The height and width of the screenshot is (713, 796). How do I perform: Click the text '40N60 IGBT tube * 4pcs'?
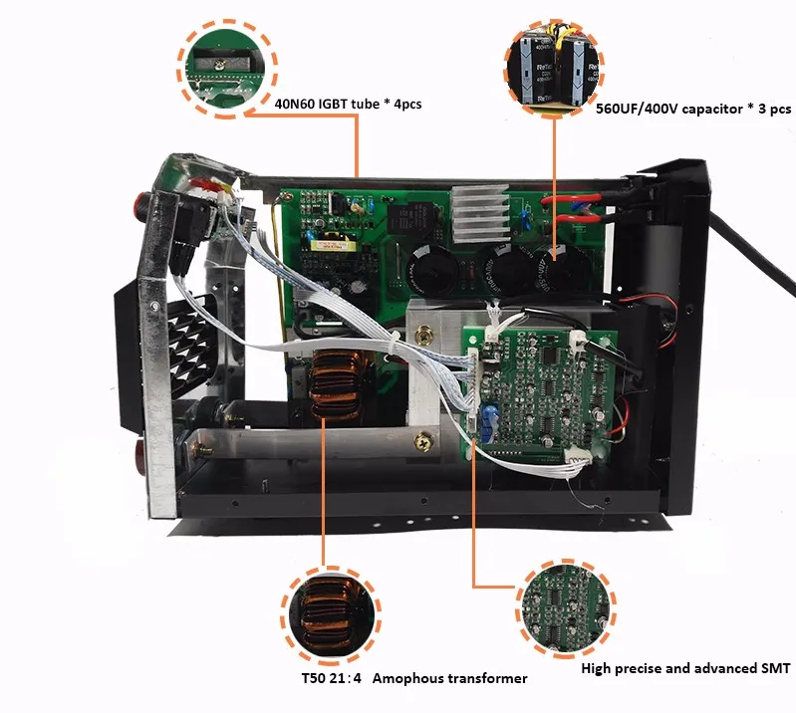pyautogui.click(x=348, y=104)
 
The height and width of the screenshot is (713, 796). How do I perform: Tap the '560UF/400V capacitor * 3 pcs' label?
pyautogui.click(x=693, y=109)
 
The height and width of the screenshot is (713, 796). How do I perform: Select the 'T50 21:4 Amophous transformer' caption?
pyautogui.click(x=414, y=678)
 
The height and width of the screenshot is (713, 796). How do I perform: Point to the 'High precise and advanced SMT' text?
pyautogui.click(x=685, y=668)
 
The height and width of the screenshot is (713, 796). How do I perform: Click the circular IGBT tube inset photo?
pyautogui.click(x=227, y=69)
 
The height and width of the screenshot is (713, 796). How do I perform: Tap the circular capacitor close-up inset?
pyautogui.click(x=554, y=68)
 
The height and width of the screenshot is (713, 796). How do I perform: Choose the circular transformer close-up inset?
pyautogui.click(x=331, y=615)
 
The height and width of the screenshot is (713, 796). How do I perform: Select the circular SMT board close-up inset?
pyautogui.click(x=566, y=609)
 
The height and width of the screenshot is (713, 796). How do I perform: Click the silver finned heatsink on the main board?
pyautogui.click(x=480, y=213)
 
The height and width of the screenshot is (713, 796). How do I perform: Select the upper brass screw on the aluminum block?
pyautogui.click(x=423, y=335)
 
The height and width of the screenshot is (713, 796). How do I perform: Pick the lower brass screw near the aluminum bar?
pyautogui.click(x=422, y=442)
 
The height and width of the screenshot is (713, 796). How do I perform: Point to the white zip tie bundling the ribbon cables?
pyautogui.click(x=393, y=344)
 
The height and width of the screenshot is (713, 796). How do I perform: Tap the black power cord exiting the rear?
pyautogui.click(x=751, y=254)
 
